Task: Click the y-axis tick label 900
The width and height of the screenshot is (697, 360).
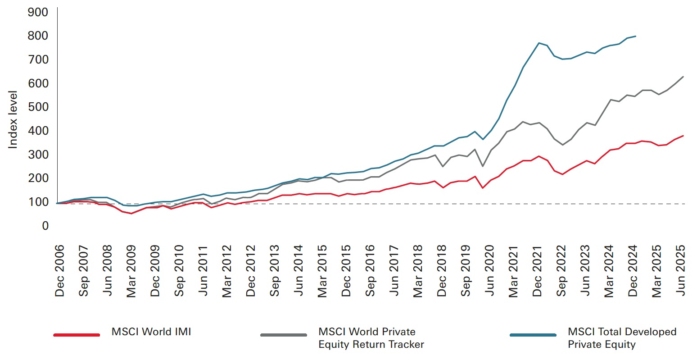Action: pyautogui.click(x=38, y=12)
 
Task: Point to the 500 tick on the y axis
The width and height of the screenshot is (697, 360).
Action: pyautogui.click(x=38, y=107)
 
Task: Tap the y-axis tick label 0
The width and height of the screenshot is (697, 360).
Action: pyautogui.click(x=45, y=226)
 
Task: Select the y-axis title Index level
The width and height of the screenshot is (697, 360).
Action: pyautogui.click(x=13, y=119)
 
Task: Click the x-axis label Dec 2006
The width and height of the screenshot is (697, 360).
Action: pyautogui.click(x=59, y=271)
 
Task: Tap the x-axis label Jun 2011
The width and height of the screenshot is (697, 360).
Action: pyautogui.click(x=203, y=271)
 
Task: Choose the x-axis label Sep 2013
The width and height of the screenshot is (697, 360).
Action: pyautogui.click(x=275, y=271)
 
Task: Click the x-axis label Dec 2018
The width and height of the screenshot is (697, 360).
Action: pyautogui.click(x=442, y=271)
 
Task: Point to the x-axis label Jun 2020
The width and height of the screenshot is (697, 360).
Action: pyautogui.click(x=489, y=271)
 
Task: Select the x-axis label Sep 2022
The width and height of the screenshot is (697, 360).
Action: pyautogui.click(x=561, y=271)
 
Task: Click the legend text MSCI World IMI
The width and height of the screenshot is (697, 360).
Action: pyautogui.click(x=151, y=332)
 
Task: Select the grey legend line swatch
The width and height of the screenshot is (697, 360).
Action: pyautogui.click(x=283, y=335)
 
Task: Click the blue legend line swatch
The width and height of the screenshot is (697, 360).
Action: pyautogui.click(x=533, y=335)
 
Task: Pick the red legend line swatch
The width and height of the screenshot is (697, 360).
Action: pyautogui.click(x=77, y=335)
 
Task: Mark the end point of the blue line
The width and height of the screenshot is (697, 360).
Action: pyautogui.click(x=635, y=36)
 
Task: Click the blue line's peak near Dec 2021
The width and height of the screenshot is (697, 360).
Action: pyautogui.click(x=539, y=43)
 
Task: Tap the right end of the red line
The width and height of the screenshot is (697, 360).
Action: pyautogui.click(x=683, y=136)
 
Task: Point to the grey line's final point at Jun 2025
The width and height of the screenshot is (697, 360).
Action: pyautogui.click(x=683, y=77)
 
